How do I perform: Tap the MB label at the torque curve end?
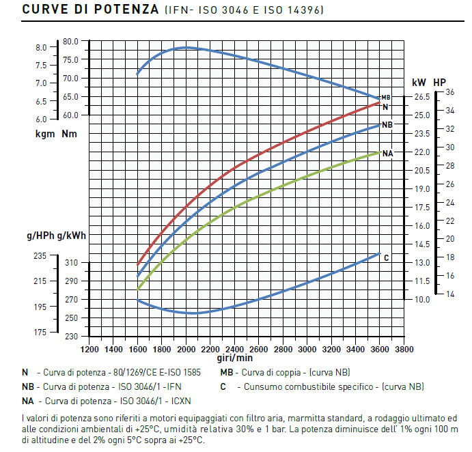click(x=386, y=98)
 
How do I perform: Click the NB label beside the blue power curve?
click(x=387, y=125)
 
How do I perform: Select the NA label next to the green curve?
click(x=388, y=154)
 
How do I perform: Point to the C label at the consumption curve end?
click(x=387, y=257)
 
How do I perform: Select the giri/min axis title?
click(x=235, y=358)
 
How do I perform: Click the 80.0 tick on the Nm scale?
click(x=71, y=41)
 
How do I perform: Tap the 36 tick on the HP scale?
click(x=449, y=91)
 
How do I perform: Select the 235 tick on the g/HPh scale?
click(x=40, y=256)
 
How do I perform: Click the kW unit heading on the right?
click(x=418, y=82)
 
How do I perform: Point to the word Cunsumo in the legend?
click(x=259, y=386)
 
